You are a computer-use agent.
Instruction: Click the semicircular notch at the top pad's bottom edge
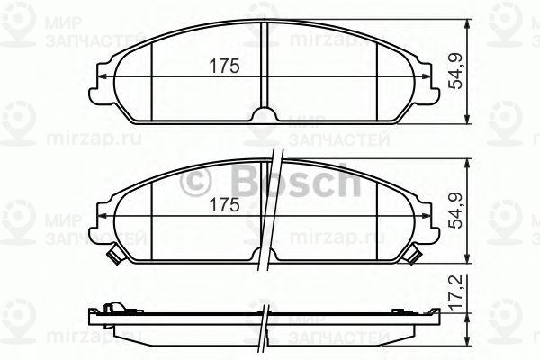265,114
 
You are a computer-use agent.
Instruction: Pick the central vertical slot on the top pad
265,63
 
